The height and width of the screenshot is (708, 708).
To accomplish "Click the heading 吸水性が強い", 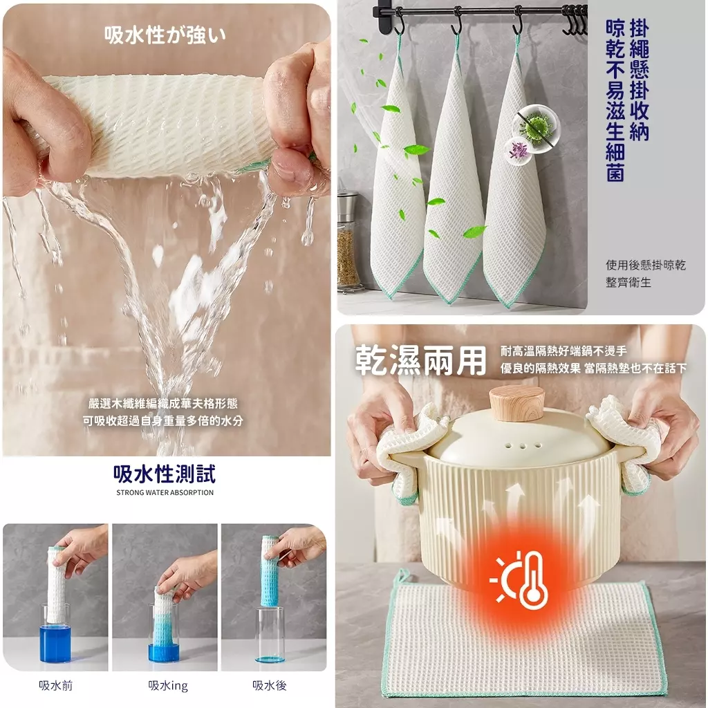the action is click(x=165, y=35).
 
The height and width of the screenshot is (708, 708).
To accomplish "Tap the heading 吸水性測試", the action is click(x=165, y=474).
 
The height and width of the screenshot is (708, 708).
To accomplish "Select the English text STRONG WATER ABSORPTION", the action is click(x=165, y=492).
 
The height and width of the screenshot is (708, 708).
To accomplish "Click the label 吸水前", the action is click(x=55, y=685).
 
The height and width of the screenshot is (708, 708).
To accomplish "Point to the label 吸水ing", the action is click(x=168, y=685).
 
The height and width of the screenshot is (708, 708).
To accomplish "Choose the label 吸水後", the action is click(x=270, y=685).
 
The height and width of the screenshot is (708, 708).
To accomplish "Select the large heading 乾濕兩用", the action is click(x=421, y=360).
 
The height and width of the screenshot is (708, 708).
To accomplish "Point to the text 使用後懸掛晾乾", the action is click(x=646, y=265).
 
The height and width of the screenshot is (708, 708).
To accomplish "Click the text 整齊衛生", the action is click(x=628, y=283).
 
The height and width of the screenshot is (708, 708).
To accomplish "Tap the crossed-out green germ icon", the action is click(x=536, y=123).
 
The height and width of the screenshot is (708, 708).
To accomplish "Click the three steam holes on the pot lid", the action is click(x=523, y=446).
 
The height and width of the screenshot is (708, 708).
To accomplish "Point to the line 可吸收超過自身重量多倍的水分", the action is click(x=163, y=421).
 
